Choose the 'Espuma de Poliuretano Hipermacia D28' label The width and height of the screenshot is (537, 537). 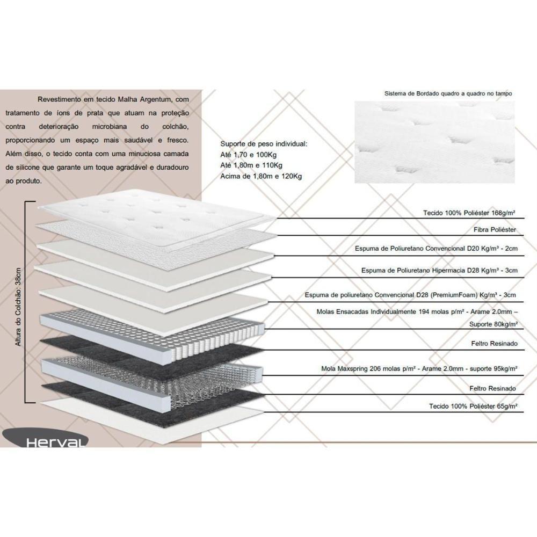click(440, 271)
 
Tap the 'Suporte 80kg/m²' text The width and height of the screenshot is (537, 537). click(492, 324)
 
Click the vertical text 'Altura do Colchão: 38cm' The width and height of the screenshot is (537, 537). click(19, 306)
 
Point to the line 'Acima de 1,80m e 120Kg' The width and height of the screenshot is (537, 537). click(261, 176)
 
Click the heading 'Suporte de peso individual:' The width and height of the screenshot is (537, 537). click(264, 144)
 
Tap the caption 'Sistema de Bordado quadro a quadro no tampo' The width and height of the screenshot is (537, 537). click(448, 93)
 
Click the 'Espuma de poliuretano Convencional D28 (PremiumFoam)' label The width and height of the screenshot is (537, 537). click(410, 295)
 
